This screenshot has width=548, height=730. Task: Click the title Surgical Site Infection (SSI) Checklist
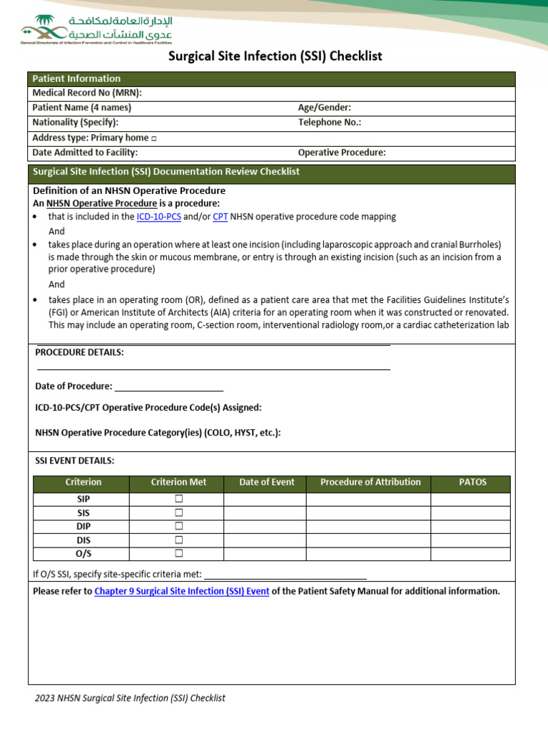pyautogui.click(x=275, y=56)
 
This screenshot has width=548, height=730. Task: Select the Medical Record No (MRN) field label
pyautogui.click(x=87, y=93)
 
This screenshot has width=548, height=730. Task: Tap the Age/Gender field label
pyautogui.click(x=325, y=108)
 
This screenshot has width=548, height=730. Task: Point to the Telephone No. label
pyautogui.click(x=330, y=123)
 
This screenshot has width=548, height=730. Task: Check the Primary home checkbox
pyautogui.click(x=154, y=138)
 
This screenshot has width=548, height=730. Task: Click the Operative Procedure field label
pyautogui.click(x=342, y=153)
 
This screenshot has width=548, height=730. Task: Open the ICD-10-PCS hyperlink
pyautogui.click(x=158, y=217)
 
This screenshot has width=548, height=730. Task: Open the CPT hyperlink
pyautogui.click(x=220, y=217)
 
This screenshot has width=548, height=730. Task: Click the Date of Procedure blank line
pyautogui.click(x=168, y=386)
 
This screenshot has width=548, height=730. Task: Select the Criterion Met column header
pyautogui.click(x=178, y=483)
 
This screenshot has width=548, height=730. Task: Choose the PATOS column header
pyautogui.click(x=472, y=483)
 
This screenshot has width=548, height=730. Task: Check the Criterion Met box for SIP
pyautogui.click(x=178, y=499)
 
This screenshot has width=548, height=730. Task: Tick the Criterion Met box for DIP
pyautogui.click(x=178, y=526)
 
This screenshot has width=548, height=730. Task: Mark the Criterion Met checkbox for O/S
pyautogui.click(x=178, y=553)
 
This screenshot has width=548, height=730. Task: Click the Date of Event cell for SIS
pyautogui.click(x=265, y=513)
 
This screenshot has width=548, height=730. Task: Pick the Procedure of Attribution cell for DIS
pyautogui.click(x=368, y=540)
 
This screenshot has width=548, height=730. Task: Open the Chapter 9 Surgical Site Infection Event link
pyautogui.click(x=182, y=592)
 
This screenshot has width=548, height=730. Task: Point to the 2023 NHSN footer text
pyautogui.click(x=130, y=699)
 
